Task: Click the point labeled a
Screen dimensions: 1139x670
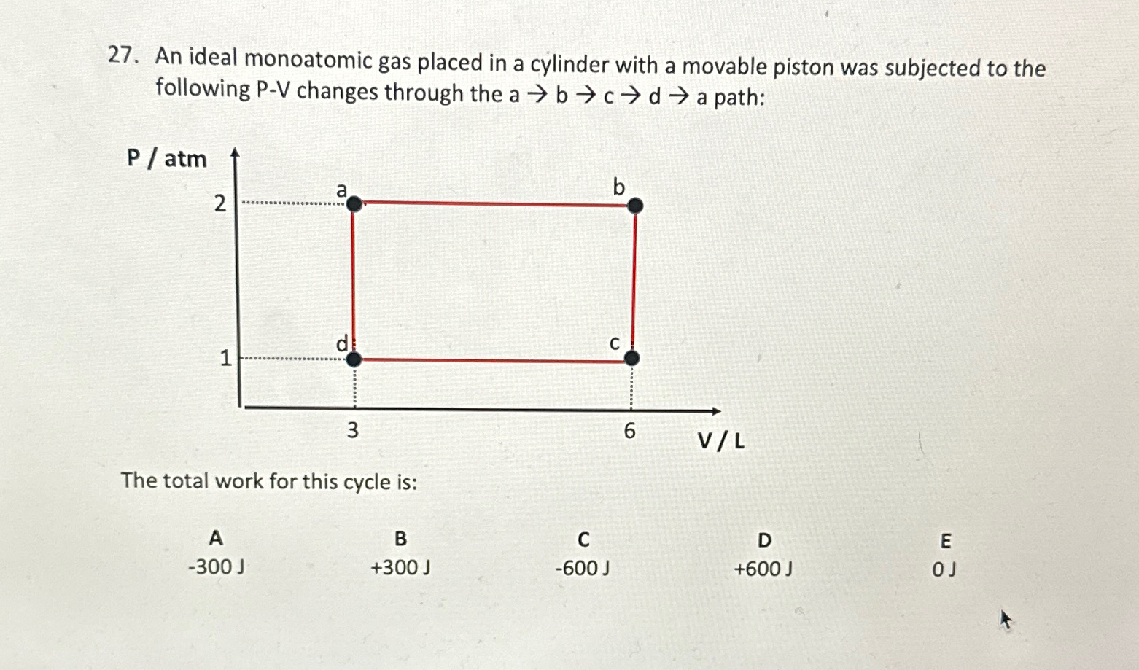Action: coord(354,204)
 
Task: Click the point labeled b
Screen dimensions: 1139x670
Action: coord(635,206)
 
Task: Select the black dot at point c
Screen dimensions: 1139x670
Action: coord(632,357)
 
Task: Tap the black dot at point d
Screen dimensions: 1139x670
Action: coord(354,359)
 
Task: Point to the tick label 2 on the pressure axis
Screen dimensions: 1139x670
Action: coord(219,204)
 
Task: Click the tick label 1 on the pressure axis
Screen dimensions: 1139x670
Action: coord(225,358)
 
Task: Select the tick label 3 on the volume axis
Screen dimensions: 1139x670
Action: coord(352,431)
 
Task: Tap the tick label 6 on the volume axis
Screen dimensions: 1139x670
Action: coord(629,432)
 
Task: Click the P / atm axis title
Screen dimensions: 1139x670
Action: coord(167,158)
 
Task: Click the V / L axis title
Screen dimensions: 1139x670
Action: coord(721,441)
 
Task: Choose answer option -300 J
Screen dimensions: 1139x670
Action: coord(216,566)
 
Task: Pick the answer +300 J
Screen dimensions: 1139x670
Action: coord(400,567)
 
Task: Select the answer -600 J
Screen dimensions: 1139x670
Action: coord(583,568)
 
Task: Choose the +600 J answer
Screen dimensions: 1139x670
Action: coord(763,569)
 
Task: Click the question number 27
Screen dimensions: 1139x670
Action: coord(123,55)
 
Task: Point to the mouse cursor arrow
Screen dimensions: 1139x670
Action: coord(1006,620)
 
